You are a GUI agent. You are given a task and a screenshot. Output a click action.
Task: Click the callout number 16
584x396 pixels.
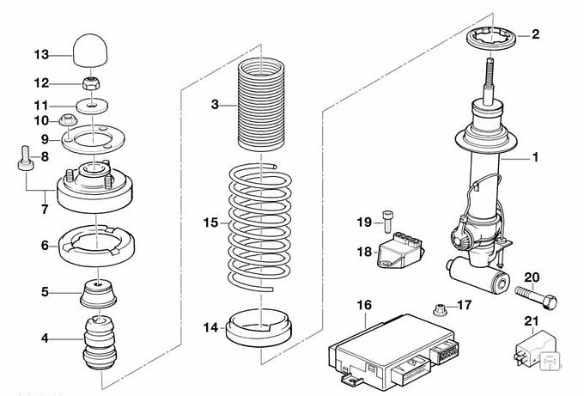[364, 305]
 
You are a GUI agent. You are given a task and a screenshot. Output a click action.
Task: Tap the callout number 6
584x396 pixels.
[46, 245]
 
